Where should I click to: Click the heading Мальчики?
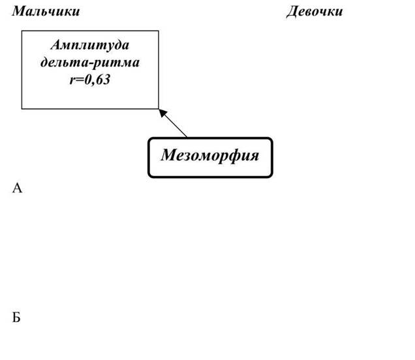click(46, 11)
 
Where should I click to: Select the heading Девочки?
click(315, 12)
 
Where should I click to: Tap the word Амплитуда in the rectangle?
click(90, 45)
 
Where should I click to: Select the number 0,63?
click(97, 80)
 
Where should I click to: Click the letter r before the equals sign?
click(72, 81)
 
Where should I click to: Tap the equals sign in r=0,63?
click(80, 80)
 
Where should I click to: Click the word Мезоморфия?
click(210, 155)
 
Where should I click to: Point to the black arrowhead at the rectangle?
click(163, 113)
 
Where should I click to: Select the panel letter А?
click(17, 188)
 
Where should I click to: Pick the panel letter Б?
click(16, 317)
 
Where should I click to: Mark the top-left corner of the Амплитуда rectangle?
click(22, 31)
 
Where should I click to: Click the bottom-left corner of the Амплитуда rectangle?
click(22, 109)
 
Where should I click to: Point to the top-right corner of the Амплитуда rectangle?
click(159, 31)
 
